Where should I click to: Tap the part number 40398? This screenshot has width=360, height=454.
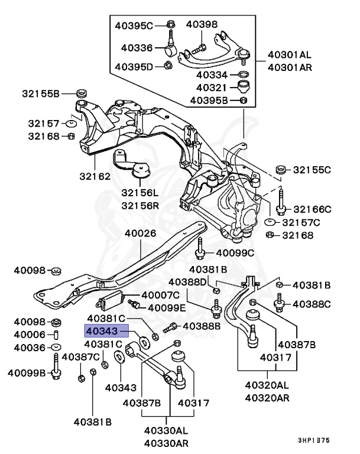pyautogui.click(x=202, y=24)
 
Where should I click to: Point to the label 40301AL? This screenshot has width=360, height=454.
pyautogui.click(x=289, y=54)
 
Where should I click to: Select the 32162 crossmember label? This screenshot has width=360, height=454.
pyautogui.click(x=95, y=176)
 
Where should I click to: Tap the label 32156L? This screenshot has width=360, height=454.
pyautogui.click(x=140, y=193)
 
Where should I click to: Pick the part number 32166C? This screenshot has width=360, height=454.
pyautogui.click(x=312, y=209)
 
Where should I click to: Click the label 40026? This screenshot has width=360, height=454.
pyautogui.click(x=140, y=233)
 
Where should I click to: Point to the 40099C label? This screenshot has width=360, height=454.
pyautogui.click(x=235, y=253)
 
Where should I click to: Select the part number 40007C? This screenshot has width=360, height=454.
pyautogui.click(x=160, y=295)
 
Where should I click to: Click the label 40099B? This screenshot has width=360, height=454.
pyautogui.click(x=26, y=373)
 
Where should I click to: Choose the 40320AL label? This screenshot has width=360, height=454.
pyautogui.click(x=267, y=385)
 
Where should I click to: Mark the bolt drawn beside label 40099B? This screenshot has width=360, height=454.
pyautogui.click(x=56, y=369)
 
